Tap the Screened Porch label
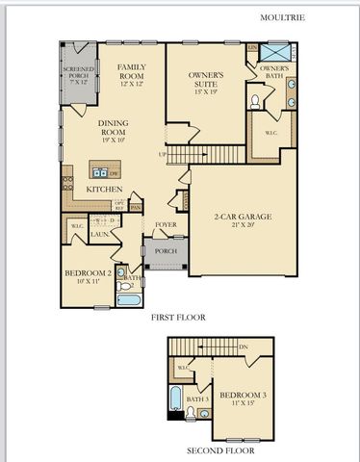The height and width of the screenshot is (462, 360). click(x=79, y=75)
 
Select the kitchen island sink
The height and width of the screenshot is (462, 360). click(x=99, y=172)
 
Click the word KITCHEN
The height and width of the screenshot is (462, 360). click(x=104, y=190)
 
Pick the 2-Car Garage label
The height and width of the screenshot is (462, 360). click(x=243, y=220)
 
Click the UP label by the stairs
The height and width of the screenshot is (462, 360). click(x=163, y=154)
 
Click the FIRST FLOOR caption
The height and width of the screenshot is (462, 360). click(x=178, y=316)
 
